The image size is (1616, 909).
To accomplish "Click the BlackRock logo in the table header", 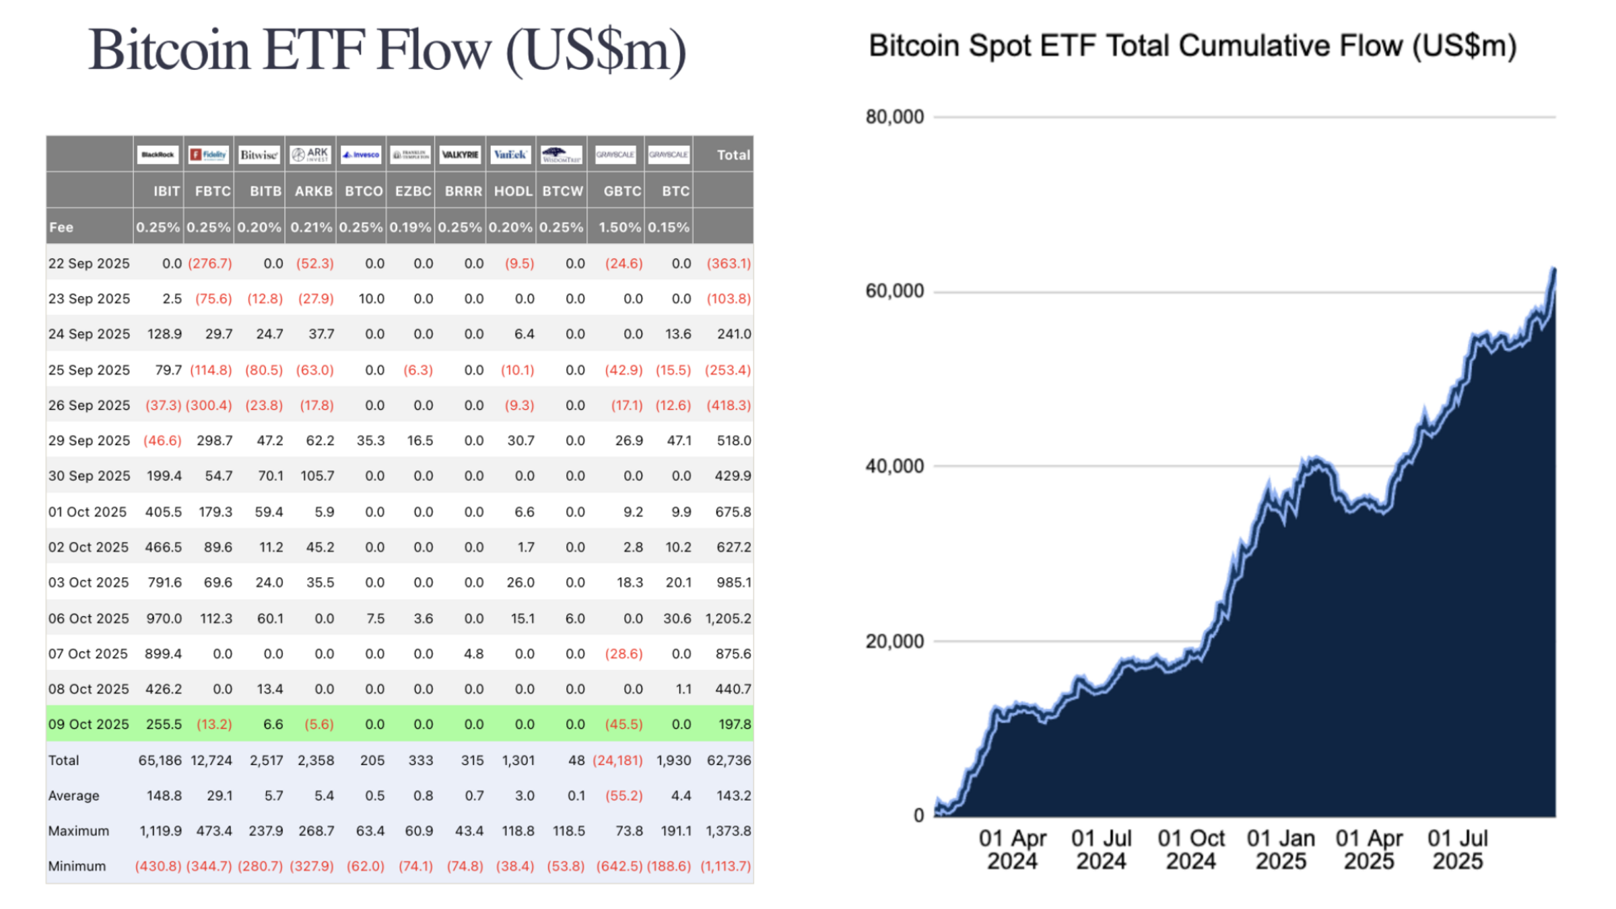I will pos(158,155).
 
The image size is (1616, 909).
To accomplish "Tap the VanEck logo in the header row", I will pos(510,155).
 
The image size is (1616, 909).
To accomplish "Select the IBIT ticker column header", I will pos(166,191).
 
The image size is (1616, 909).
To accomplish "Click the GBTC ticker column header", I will pos(622,191).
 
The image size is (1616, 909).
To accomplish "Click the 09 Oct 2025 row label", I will pos(88,725).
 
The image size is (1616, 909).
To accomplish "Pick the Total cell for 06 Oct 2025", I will pos(728,619).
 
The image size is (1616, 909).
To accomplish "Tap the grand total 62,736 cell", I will pos(729,761).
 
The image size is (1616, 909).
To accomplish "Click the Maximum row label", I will pos(78,831).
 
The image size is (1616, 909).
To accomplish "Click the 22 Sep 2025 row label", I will pos(88,263).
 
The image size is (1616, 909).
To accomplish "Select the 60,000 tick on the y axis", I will pos(894,291).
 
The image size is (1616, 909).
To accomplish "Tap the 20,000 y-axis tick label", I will pos(894,641).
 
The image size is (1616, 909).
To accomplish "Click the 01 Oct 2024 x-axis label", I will pos(1190,850).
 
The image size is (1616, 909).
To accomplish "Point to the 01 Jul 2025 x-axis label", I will pos(1457,850).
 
